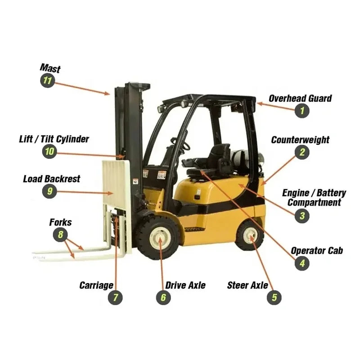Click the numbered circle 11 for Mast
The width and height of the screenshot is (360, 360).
47,81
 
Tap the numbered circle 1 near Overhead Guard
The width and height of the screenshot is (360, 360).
302,111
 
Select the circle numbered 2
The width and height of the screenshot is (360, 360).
302,152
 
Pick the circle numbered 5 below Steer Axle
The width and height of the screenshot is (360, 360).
274,297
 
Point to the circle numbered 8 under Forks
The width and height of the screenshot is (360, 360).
60,234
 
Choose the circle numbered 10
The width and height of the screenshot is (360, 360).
49,151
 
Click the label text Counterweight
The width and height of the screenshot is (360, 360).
300,140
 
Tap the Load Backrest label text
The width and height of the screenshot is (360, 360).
51,179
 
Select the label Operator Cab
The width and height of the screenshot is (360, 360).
317,251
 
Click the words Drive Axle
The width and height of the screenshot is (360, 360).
185,285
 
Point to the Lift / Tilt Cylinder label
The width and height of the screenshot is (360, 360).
54,139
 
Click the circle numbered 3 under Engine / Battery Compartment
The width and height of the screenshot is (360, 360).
301,216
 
